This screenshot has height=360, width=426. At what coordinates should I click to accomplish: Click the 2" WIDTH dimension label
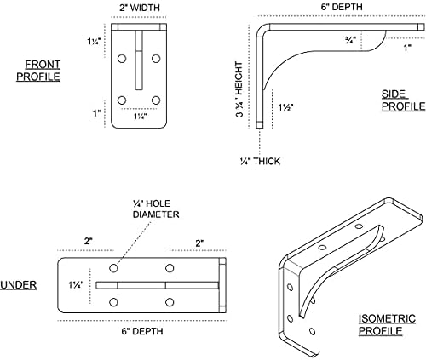140,8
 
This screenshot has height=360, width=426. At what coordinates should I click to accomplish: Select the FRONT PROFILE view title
38,71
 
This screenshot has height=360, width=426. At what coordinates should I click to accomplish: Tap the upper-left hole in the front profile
122,59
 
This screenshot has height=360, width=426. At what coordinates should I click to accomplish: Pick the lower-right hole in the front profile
156,100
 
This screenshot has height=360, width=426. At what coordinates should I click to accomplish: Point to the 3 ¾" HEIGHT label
239,89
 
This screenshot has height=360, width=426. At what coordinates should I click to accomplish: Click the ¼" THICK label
260,161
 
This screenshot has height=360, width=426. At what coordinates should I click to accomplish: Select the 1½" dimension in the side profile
285,107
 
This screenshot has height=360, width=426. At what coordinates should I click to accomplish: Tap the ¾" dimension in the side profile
350,40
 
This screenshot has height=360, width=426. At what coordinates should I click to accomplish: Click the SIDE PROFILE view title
403,100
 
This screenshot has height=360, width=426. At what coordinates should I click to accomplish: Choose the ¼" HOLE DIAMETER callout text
156,209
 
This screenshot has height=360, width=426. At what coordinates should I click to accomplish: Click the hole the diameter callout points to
113,268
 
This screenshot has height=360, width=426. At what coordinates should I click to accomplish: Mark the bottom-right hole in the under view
170,302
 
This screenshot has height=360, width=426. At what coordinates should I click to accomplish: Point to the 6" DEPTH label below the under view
142,331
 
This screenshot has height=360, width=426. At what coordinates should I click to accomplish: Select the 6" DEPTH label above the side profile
342,7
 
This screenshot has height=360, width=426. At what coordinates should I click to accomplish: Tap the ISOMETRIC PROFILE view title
387,325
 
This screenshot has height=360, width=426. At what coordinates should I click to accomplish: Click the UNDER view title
19,285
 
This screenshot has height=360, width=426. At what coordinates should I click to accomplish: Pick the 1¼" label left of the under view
76,284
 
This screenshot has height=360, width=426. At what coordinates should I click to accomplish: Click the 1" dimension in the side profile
407,48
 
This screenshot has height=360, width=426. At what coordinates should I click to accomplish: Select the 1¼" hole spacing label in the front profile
140,117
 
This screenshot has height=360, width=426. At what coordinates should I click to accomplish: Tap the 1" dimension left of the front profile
97,113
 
